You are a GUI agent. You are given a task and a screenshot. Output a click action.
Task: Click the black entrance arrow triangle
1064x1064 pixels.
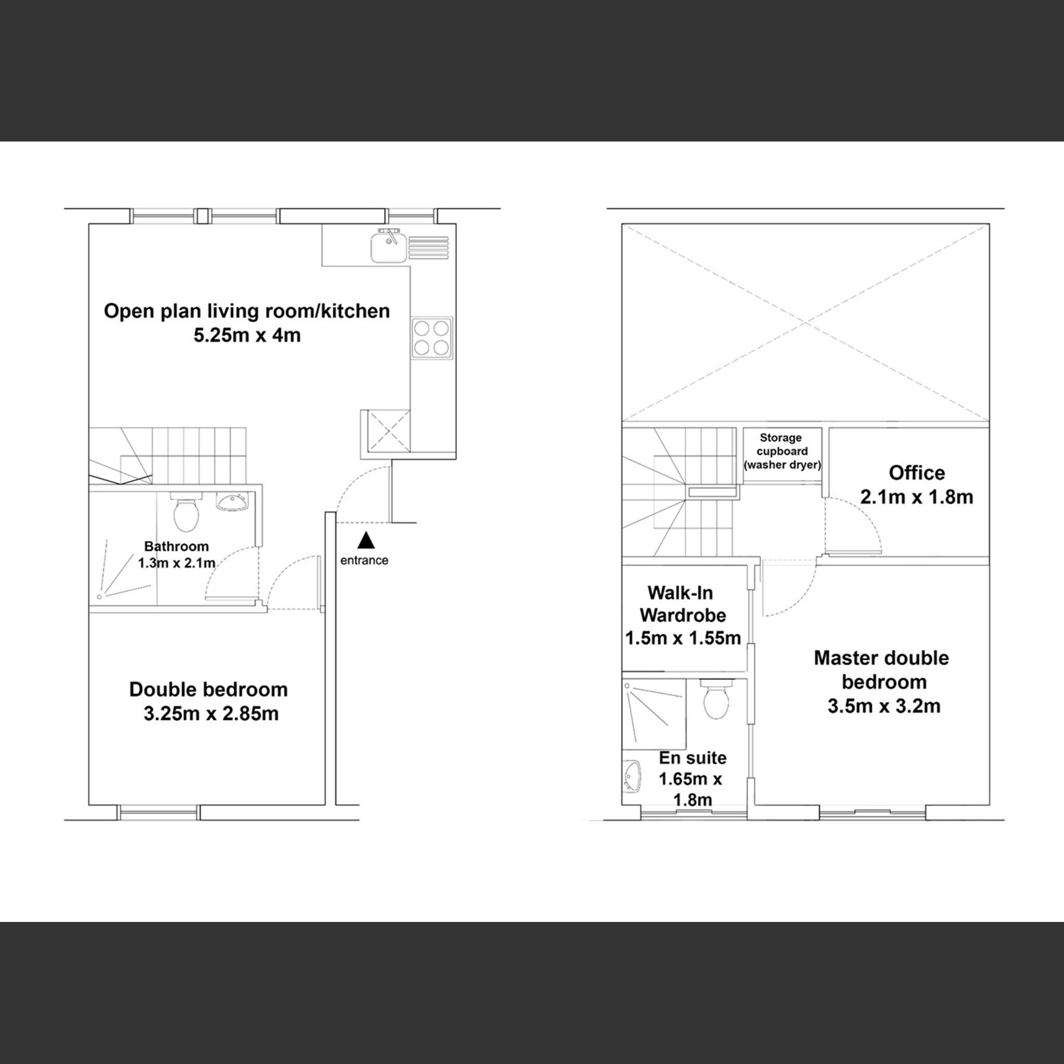(366, 540)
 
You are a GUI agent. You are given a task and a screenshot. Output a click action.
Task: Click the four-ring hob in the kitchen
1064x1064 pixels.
(431, 338)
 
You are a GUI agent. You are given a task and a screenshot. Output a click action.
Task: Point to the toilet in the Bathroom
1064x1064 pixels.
(186, 512)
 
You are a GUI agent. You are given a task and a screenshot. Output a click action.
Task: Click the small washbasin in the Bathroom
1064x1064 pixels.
(233, 502)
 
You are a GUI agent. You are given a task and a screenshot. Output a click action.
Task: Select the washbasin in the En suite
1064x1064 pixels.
(633, 776)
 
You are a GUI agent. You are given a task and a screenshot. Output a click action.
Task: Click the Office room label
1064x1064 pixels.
(916, 472)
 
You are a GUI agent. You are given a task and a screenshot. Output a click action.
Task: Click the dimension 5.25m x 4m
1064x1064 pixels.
(247, 335)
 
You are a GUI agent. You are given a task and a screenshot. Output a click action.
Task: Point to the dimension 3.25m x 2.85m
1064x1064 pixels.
(211, 714)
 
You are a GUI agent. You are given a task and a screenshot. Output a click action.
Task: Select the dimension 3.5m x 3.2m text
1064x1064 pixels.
(883, 706)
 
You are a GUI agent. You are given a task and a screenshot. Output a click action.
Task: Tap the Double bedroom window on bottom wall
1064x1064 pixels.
(158, 812)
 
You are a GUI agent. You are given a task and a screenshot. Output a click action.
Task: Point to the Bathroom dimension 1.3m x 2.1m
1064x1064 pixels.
(176, 563)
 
